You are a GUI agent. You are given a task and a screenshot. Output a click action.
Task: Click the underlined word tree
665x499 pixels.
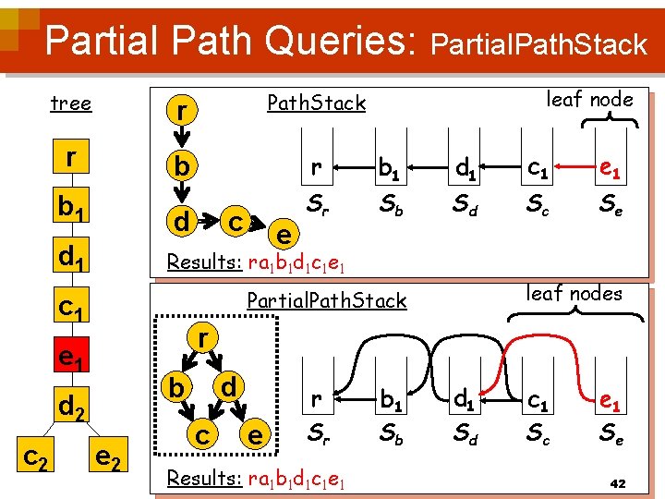pyautogui.click(x=70, y=103)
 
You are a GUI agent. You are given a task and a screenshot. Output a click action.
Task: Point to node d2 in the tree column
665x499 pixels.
pyautogui.click(x=72, y=405)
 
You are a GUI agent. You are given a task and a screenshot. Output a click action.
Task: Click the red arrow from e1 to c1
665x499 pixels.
pyautogui.click(x=571, y=169)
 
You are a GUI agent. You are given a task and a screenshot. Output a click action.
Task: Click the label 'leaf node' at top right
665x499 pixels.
pyautogui.click(x=590, y=99)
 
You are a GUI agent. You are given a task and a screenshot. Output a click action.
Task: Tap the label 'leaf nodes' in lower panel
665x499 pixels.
pyautogui.click(x=574, y=294)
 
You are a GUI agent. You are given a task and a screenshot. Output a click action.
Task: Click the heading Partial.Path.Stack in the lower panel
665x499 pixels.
pyautogui.click(x=326, y=300)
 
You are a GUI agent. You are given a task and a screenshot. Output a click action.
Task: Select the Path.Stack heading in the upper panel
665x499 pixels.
pyautogui.click(x=316, y=103)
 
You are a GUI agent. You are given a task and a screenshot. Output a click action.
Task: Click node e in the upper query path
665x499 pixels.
pyautogui.click(x=285, y=236)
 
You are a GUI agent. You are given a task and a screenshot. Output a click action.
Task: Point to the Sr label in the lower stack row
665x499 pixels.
pyautogui.click(x=316, y=431)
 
